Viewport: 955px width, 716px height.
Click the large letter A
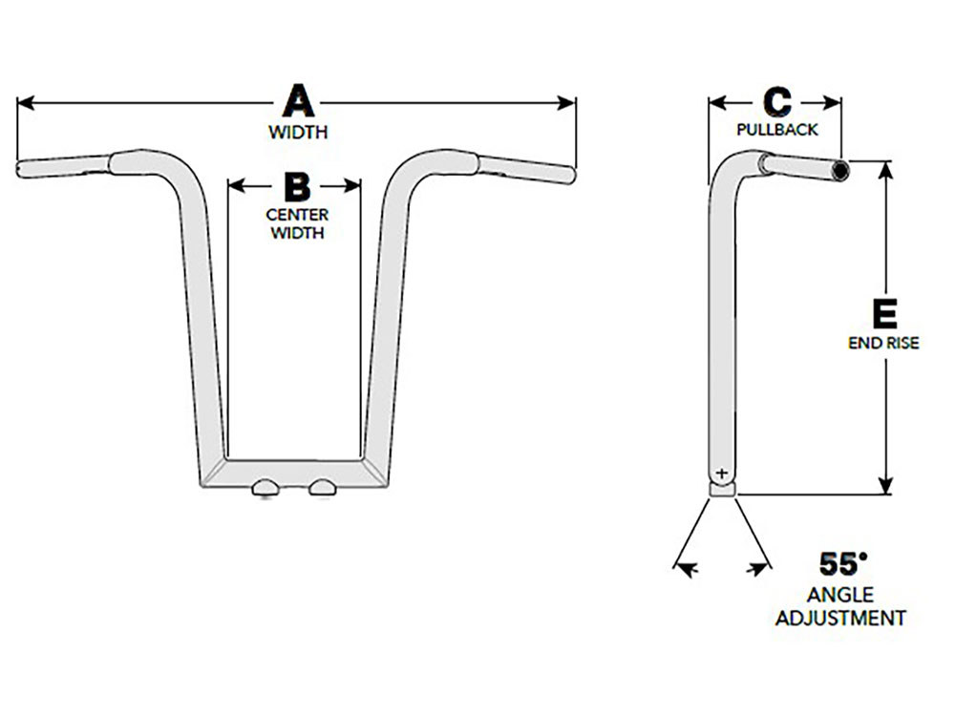298,102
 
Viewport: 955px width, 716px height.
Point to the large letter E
884,313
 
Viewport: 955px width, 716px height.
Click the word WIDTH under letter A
298,132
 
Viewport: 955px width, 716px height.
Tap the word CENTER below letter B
297,215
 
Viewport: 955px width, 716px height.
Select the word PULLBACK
777,130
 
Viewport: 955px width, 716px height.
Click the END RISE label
883,343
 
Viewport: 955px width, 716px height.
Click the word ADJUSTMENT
840,618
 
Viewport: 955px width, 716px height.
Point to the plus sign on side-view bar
721,473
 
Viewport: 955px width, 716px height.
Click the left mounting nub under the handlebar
265,488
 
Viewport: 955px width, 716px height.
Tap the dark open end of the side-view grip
840,170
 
